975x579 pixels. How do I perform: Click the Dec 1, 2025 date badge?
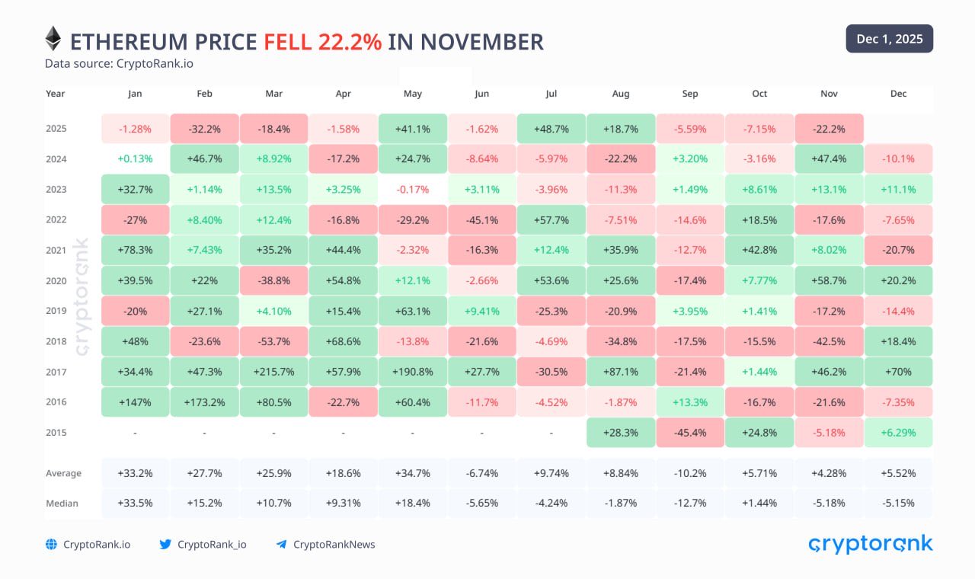point(889,39)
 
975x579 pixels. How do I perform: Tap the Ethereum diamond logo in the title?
point(53,39)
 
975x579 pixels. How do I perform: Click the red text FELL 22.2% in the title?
point(322,42)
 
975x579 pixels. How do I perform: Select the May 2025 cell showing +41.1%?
point(412,129)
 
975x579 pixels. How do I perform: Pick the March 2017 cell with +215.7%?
point(273,372)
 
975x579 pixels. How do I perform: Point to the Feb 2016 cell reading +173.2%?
point(204,402)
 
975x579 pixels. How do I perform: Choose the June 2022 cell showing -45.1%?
point(481,220)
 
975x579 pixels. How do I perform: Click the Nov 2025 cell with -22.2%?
point(829,129)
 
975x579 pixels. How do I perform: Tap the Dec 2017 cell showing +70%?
point(898,372)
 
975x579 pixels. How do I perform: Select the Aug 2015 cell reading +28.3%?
point(620,433)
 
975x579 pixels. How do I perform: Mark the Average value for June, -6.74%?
point(481,473)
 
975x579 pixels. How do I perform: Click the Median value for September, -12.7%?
point(689,503)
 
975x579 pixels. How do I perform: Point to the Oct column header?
point(759,94)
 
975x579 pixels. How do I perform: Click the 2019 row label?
point(56,311)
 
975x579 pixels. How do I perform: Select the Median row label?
point(62,503)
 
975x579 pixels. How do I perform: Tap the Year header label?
point(55,94)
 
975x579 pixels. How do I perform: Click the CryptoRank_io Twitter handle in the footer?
point(212,544)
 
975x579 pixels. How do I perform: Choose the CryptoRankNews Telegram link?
point(334,544)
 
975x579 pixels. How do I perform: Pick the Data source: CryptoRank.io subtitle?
point(119,63)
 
